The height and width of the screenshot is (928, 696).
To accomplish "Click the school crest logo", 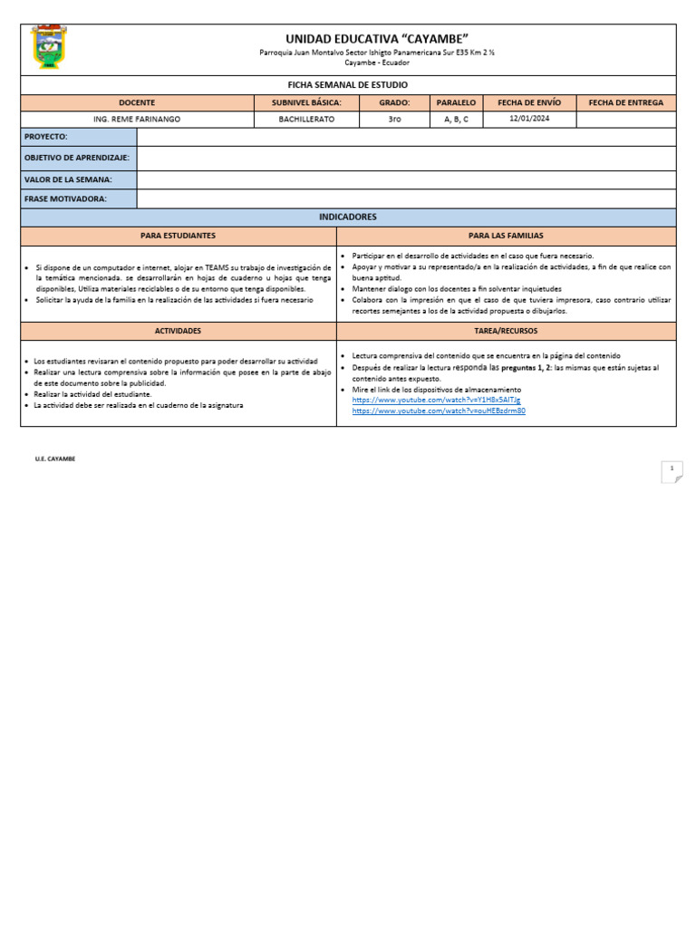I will point(49,48).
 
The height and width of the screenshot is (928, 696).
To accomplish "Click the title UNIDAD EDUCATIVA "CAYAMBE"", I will point(376,38).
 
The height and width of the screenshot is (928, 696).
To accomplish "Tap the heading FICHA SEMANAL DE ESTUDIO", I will point(348,84).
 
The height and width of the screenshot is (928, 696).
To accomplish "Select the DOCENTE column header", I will point(137,103).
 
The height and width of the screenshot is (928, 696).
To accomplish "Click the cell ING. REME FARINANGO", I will point(137,120).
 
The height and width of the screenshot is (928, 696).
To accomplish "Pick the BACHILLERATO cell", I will point(306,120).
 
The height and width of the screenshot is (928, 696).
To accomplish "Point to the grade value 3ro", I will point(394,120).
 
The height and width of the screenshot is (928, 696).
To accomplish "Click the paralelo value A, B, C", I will point(456,120).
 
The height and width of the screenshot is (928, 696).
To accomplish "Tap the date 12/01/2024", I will point(529,119).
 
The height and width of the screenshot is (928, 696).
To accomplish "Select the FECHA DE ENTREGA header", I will point(625,103).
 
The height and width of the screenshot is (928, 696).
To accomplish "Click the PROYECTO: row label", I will point(46,137).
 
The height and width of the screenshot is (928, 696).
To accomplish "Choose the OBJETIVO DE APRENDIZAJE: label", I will point(77,158).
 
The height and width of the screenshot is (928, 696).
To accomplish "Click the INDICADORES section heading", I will point(348,217).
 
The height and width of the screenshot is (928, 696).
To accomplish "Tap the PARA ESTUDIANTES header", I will point(178,236).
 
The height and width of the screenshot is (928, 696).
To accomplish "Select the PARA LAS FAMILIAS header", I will point(506,236).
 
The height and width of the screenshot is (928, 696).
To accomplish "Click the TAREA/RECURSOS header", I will point(506,331).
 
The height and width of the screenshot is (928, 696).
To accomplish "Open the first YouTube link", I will point(436,400).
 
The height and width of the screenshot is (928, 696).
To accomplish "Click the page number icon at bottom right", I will point(672,470).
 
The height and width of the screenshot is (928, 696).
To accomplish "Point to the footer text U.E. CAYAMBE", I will point(55,459).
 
